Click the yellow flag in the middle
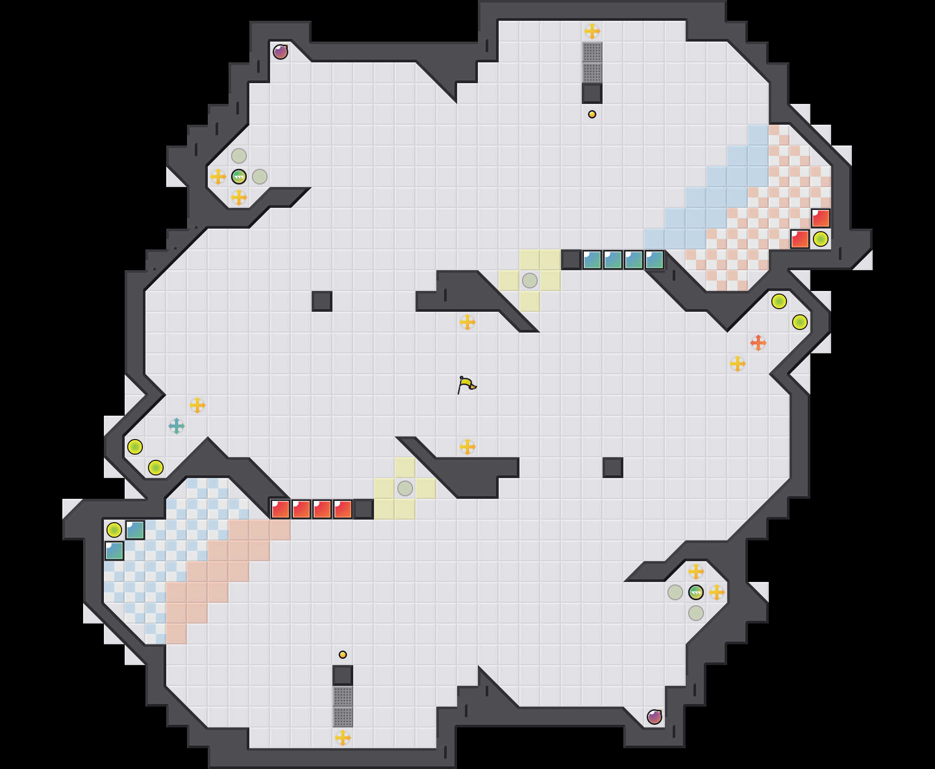pos(466,385)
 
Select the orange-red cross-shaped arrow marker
pos(758,343)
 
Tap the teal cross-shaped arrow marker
pos(177,426)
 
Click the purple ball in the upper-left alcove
pos(280,52)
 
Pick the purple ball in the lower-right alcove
pos(654,717)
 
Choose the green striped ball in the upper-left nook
pos(239,177)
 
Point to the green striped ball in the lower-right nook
pos(696,592)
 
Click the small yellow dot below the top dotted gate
pos(592,114)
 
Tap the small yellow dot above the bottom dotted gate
pos(343,655)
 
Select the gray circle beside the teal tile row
pos(530,281)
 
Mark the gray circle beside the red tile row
pos(405,488)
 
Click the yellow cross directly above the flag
pos(468,322)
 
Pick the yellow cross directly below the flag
pos(468,447)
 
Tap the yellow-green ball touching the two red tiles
pos(821,239)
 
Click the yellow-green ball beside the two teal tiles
pos(114,530)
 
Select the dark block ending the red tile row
pos(364,509)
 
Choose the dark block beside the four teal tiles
pos(571,260)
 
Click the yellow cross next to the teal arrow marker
pos(197,405)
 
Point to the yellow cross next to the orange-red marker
pos(738,364)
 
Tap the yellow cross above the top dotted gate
pos(592,31)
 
